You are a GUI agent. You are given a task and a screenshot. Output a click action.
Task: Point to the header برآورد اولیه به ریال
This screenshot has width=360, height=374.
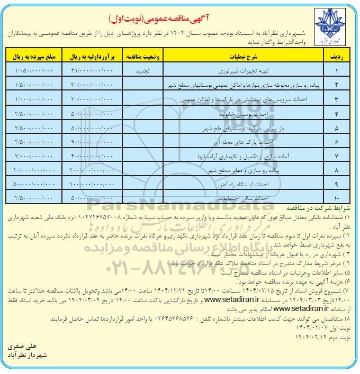tap(91, 56)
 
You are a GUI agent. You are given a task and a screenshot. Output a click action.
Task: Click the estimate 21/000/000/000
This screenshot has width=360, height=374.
tap(91, 70)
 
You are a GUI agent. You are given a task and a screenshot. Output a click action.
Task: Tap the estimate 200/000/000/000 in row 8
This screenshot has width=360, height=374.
tap(91, 170)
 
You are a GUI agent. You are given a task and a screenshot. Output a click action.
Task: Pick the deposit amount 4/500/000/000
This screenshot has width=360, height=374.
tap(34, 142)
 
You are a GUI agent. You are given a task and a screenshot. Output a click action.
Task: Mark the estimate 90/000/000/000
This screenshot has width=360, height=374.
tap(91, 142)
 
